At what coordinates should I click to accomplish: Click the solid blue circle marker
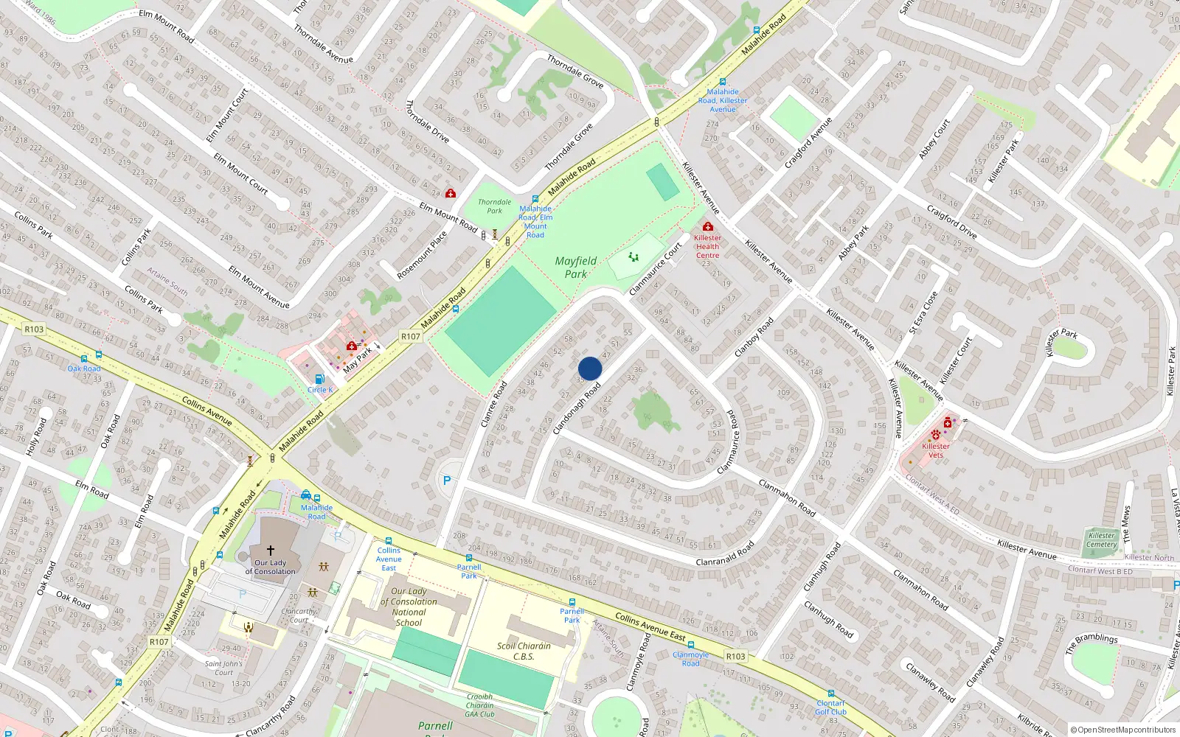[590, 368]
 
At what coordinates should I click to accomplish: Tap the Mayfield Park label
[576, 268]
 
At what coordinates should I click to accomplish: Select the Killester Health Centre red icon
[708, 226]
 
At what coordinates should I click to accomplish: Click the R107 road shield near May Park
[411, 336]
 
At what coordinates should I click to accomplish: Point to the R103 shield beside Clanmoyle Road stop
[735, 656]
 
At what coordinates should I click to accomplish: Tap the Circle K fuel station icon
[319, 379]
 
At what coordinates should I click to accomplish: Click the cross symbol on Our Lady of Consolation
[271, 551]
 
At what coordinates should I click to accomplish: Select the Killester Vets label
[936, 450]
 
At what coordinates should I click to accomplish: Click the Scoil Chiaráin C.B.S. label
[524, 651]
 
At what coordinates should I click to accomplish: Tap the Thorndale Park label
[494, 206]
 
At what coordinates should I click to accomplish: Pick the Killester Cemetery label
[1101, 539]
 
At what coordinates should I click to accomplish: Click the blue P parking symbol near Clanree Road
[446, 481]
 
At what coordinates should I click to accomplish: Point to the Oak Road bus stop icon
[98, 355]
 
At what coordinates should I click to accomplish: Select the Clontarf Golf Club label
[830, 708]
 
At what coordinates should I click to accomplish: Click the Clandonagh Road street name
[577, 407]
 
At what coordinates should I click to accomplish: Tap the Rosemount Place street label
[422, 256]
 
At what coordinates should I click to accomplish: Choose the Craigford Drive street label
[951, 222]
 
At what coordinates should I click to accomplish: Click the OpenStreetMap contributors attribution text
[1123, 730]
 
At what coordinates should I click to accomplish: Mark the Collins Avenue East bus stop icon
[389, 542]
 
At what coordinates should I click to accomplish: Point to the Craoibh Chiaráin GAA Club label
[479, 705]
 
